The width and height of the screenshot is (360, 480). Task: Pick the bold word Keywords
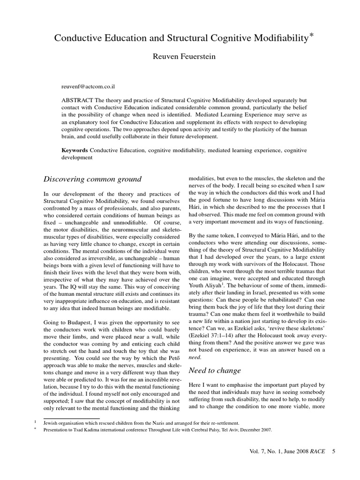pyautogui.click(x=75, y=150)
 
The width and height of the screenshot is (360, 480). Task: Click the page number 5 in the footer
pyautogui.click(x=333, y=465)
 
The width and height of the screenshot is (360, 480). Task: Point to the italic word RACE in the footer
pyautogui.click(x=319, y=465)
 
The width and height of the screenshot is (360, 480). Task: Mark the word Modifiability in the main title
pyautogui.click(x=275, y=39)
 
